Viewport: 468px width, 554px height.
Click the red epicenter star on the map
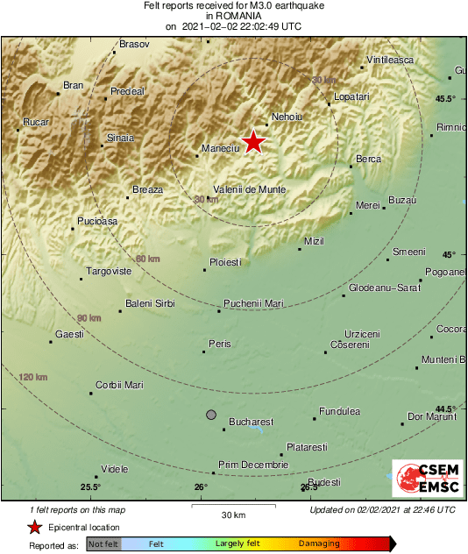pyautogui.click(x=253, y=141)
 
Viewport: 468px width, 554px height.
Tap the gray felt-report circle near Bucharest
pyautogui.click(x=210, y=414)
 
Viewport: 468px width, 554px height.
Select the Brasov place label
pyautogui.click(x=134, y=43)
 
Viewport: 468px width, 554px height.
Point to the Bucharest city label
pyautogui.click(x=251, y=422)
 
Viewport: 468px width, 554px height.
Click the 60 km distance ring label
pyautogui.click(x=148, y=259)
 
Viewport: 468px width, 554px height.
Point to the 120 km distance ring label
pyautogui.click(x=32, y=377)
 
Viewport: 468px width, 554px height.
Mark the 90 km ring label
pyautogui.click(x=89, y=317)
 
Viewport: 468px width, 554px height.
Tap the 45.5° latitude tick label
pyautogui.click(x=446, y=98)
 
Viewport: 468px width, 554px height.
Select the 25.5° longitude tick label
pyautogui.click(x=90, y=487)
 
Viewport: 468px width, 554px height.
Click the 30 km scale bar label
pyautogui.click(x=232, y=515)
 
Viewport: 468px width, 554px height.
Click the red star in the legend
pyautogui.click(x=34, y=527)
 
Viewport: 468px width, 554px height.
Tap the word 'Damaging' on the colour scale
pyautogui.click(x=319, y=543)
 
